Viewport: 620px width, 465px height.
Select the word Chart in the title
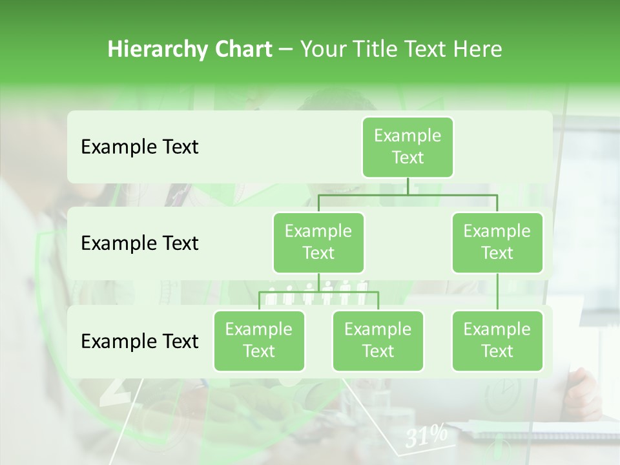(243, 49)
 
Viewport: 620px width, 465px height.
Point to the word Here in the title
(477, 49)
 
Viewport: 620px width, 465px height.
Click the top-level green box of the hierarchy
(408, 147)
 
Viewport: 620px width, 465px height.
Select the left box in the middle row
(318, 242)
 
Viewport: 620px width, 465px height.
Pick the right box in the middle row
(497, 242)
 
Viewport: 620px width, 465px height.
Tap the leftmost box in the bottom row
(259, 340)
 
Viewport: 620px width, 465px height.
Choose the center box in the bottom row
(378, 340)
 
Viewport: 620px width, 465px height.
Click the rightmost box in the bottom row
(497, 340)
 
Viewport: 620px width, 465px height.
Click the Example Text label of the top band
(139, 147)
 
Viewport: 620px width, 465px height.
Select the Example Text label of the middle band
(139, 243)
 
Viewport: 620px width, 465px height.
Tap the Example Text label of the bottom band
(139, 341)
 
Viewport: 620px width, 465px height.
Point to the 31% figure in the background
(426, 437)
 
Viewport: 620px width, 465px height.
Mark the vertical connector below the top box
(408, 186)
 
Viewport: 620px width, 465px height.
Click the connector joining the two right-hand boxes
(497, 292)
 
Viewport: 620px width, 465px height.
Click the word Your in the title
(321, 49)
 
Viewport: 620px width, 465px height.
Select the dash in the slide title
(285, 50)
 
